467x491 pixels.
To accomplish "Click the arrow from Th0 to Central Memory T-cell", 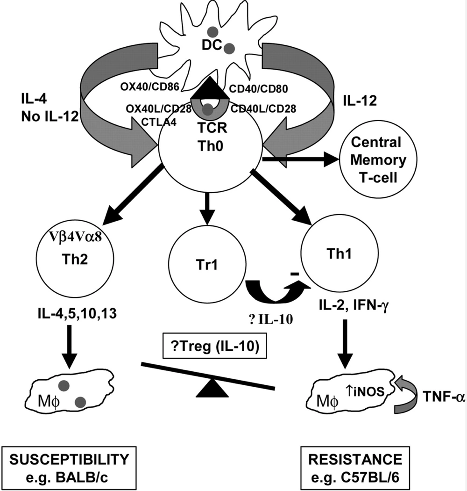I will (x=302, y=159).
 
